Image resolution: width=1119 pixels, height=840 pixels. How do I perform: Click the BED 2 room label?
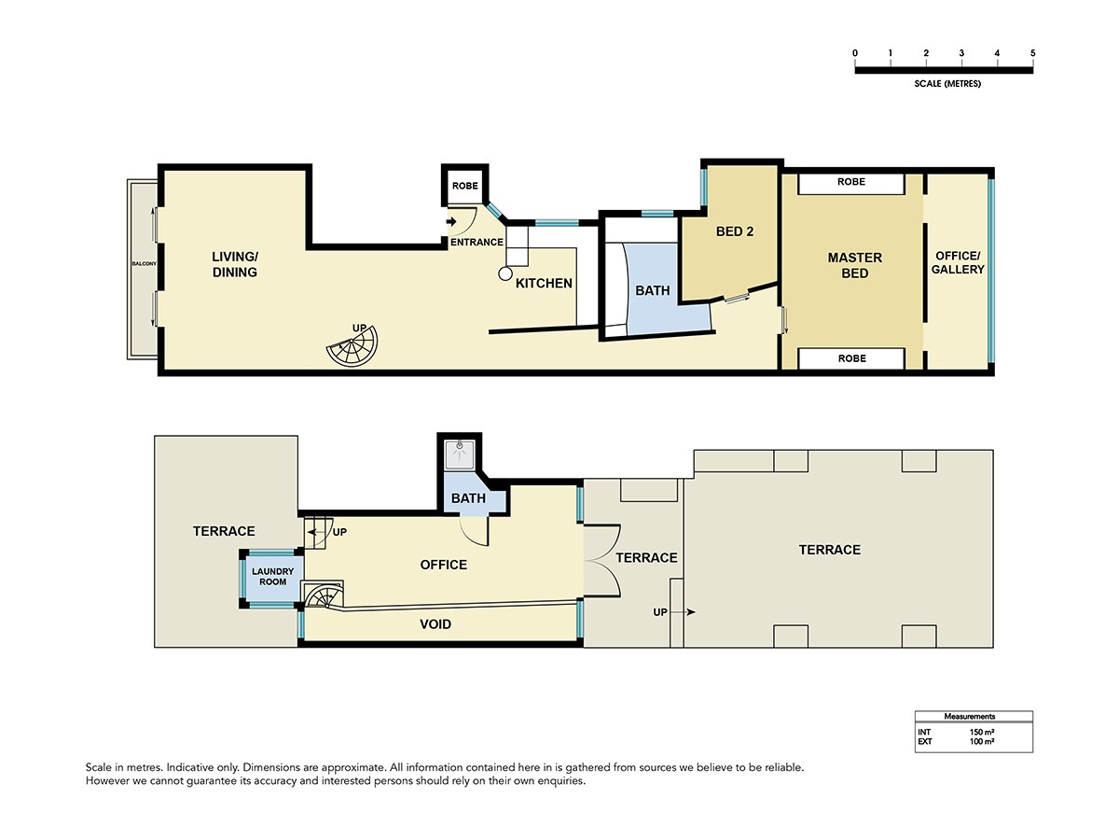pyautogui.click(x=734, y=231)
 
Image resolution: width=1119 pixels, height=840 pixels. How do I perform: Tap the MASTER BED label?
pyautogui.click(x=854, y=265)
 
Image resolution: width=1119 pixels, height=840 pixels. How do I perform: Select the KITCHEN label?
pyautogui.click(x=544, y=283)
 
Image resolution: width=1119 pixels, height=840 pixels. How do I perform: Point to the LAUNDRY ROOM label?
pyautogui.click(x=272, y=576)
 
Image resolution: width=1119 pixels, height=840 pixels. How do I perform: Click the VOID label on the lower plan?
pyautogui.click(x=435, y=624)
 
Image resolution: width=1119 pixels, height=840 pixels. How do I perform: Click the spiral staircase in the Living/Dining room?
pyautogui.click(x=352, y=346)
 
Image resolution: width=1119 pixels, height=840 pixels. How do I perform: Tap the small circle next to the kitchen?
pyautogui.click(x=504, y=273)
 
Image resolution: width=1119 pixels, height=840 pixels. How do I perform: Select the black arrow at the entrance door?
pyautogui.click(x=451, y=221)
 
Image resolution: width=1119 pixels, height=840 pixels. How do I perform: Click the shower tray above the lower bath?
pyautogui.click(x=460, y=455)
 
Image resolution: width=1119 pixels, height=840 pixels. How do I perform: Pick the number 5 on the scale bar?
pyautogui.click(x=1032, y=53)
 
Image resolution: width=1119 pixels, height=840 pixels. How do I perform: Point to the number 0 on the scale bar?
pyautogui.click(x=855, y=53)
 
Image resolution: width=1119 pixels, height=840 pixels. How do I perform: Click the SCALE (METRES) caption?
pyautogui.click(x=947, y=84)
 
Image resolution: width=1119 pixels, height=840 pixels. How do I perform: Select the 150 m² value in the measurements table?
pyautogui.click(x=981, y=732)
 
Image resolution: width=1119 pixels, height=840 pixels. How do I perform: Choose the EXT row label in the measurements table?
pyautogui.click(x=925, y=742)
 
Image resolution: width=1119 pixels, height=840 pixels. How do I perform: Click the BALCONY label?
pyautogui.click(x=145, y=264)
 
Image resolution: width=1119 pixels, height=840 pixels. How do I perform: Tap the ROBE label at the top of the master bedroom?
pyautogui.click(x=850, y=182)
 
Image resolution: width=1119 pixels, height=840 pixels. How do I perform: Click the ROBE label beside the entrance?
pyautogui.click(x=465, y=186)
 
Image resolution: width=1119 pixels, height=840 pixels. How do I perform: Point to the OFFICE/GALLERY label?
pyautogui.click(x=958, y=262)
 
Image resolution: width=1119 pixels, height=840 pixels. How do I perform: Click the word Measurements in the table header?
pyautogui.click(x=969, y=716)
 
